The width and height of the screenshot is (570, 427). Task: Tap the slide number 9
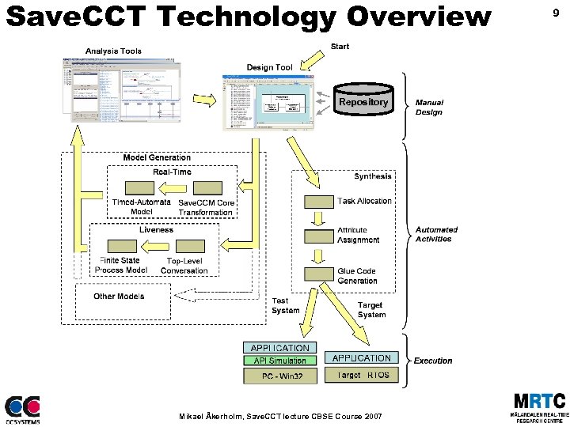pyautogui.click(x=556, y=13)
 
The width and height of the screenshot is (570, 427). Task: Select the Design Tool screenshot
pyautogui.click(x=268, y=100)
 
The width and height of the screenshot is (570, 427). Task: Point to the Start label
pyautogui.click(x=340, y=47)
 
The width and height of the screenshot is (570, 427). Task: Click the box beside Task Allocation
pyautogui.click(x=319, y=202)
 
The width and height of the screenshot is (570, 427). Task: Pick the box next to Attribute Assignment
pyautogui.click(x=319, y=236)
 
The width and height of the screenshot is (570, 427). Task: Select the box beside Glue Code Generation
pyautogui.click(x=319, y=274)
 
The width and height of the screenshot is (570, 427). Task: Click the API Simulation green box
pyautogui.click(x=279, y=361)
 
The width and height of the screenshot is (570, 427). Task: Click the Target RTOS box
pyautogui.click(x=362, y=375)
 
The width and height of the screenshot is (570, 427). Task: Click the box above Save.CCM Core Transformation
pyautogui.click(x=207, y=188)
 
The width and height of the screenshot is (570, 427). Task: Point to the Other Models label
pyautogui.click(x=119, y=297)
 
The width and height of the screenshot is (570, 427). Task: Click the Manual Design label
pyautogui.click(x=430, y=108)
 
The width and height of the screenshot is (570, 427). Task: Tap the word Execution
pyautogui.click(x=433, y=361)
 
